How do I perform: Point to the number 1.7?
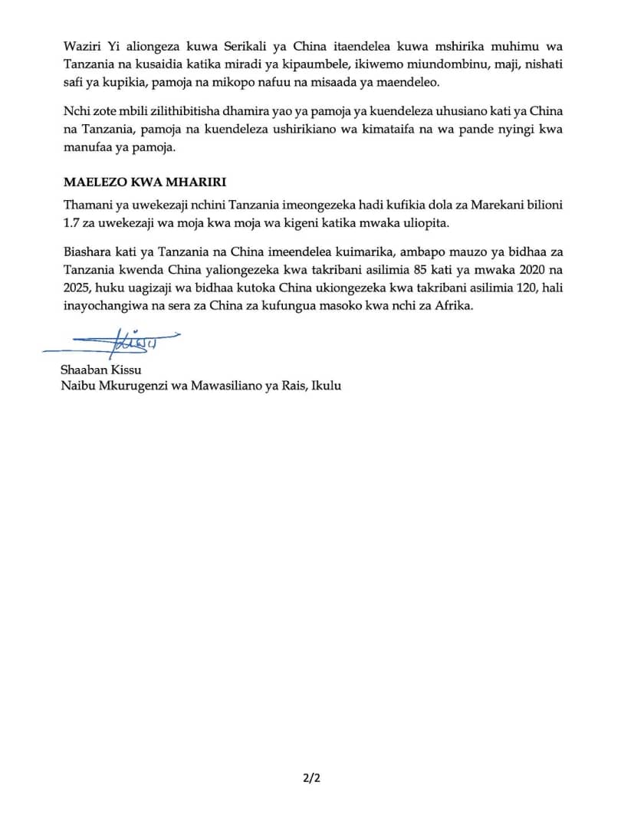(x=71, y=223)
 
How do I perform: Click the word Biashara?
(x=86, y=251)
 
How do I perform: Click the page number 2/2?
(x=310, y=779)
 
